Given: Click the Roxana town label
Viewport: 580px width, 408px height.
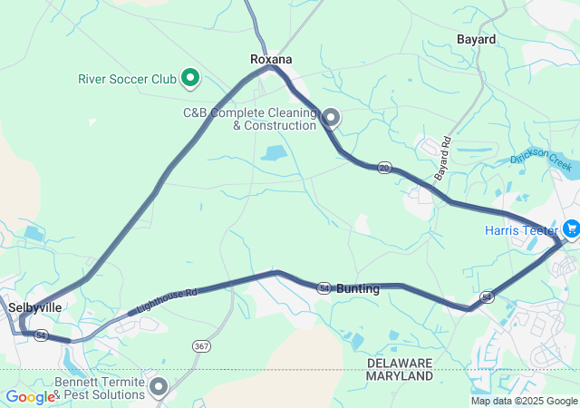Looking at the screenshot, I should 271,59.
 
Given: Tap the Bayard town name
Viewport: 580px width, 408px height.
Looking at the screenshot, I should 476,40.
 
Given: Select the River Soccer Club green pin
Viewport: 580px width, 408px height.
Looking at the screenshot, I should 190,78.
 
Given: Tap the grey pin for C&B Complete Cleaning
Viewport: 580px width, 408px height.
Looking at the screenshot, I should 332,117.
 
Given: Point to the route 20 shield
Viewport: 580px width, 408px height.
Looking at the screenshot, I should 384,168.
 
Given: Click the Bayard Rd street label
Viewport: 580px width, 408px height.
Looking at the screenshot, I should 443,158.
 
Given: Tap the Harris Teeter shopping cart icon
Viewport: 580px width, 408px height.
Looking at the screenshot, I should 571,228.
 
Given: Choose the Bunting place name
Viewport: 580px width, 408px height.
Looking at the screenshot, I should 358,288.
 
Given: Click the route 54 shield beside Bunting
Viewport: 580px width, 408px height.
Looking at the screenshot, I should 324,287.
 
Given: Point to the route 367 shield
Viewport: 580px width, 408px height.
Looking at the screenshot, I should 200,345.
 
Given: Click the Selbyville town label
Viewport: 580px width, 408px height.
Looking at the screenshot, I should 35,307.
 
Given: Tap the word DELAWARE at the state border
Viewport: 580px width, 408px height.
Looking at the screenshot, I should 400,363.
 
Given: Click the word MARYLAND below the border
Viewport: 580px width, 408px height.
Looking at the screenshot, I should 400,375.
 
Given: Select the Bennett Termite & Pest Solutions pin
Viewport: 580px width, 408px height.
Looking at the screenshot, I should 159,387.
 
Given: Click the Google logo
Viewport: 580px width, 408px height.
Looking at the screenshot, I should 30,396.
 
